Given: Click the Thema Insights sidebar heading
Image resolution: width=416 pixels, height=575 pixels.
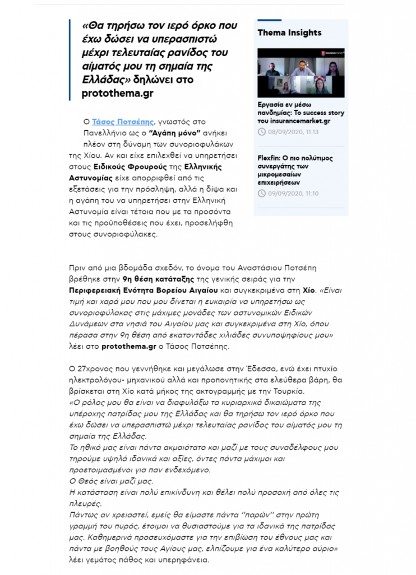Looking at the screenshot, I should [x=289, y=33].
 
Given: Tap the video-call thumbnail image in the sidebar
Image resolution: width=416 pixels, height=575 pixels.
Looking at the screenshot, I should [x=301, y=72].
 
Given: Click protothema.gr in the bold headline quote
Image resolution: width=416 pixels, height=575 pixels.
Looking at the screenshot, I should [x=117, y=93].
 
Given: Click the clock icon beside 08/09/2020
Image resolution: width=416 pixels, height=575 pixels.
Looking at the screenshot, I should [x=262, y=132].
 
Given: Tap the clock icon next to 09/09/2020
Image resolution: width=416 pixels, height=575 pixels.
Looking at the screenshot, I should [x=262, y=194].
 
